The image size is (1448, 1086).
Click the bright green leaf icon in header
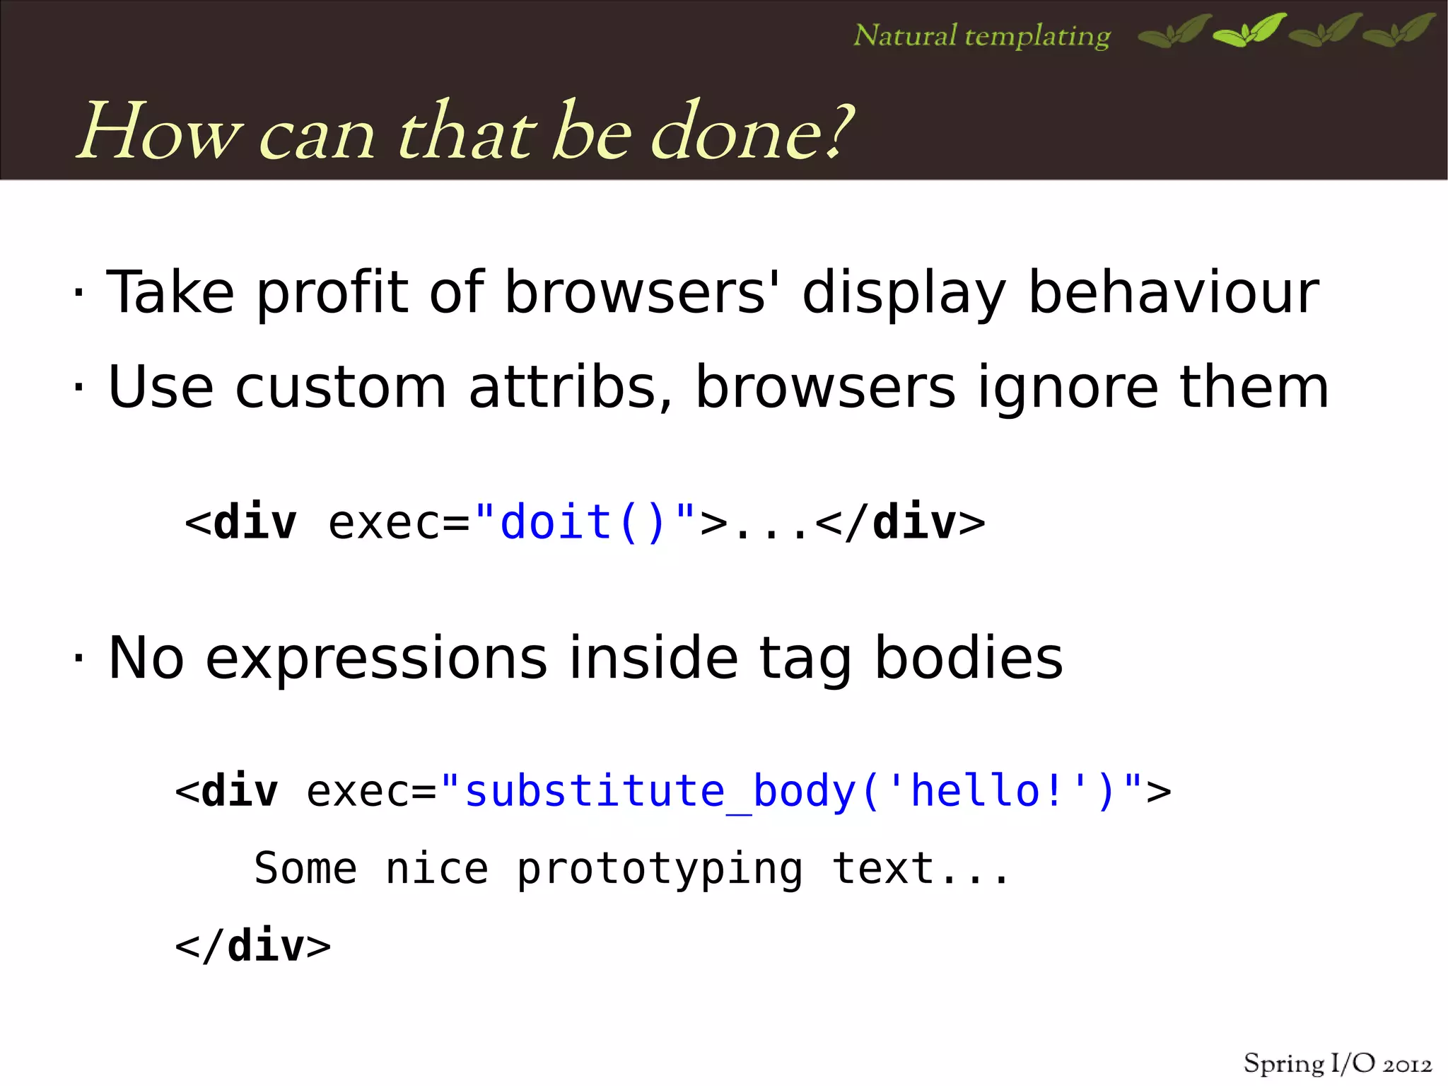tap(1249, 31)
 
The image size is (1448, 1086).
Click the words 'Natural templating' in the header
tap(981, 35)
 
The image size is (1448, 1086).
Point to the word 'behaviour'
tap(1173, 292)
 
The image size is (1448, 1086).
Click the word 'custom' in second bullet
tap(340, 387)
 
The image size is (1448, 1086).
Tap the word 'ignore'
tap(1068, 388)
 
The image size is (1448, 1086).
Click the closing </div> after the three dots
tap(900, 523)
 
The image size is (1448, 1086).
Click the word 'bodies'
tap(968, 658)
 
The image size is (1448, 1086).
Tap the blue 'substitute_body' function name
tap(660, 791)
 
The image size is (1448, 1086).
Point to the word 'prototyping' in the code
tap(660, 870)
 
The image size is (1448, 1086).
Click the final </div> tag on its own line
tap(252, 946)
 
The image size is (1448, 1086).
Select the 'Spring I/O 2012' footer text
tap(1337, 1063)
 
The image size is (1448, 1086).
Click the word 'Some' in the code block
tap(305, 869)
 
